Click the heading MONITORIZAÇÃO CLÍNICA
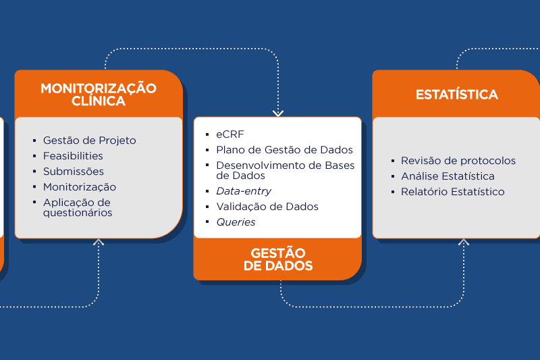[x=99, y=95]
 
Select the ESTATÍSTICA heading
[x=457, y=95]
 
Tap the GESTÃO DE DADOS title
[x=278, y=259]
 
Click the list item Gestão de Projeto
[x=90, y=140]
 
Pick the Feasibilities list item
[x=73, y=156]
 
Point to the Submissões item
[x=74, y=171]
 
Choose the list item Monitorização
[x=80, y=187]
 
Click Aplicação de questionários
[x=78, y=207]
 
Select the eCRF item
[x=230, y=134]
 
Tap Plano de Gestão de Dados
[x=284, y=150]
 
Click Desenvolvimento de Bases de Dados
[x=286, y=170]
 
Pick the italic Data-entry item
[x=244, y=191]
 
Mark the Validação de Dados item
[x=267, y=207]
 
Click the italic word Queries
[x=236, y=222]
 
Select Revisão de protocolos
[x=458, y=161]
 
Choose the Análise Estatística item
[x=448, y=176]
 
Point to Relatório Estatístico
[x=452, y=192]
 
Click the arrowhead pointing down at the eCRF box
[x=278, y=113]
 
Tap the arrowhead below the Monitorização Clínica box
[x=99, y=242]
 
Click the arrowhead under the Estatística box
[x=464, y=242]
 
